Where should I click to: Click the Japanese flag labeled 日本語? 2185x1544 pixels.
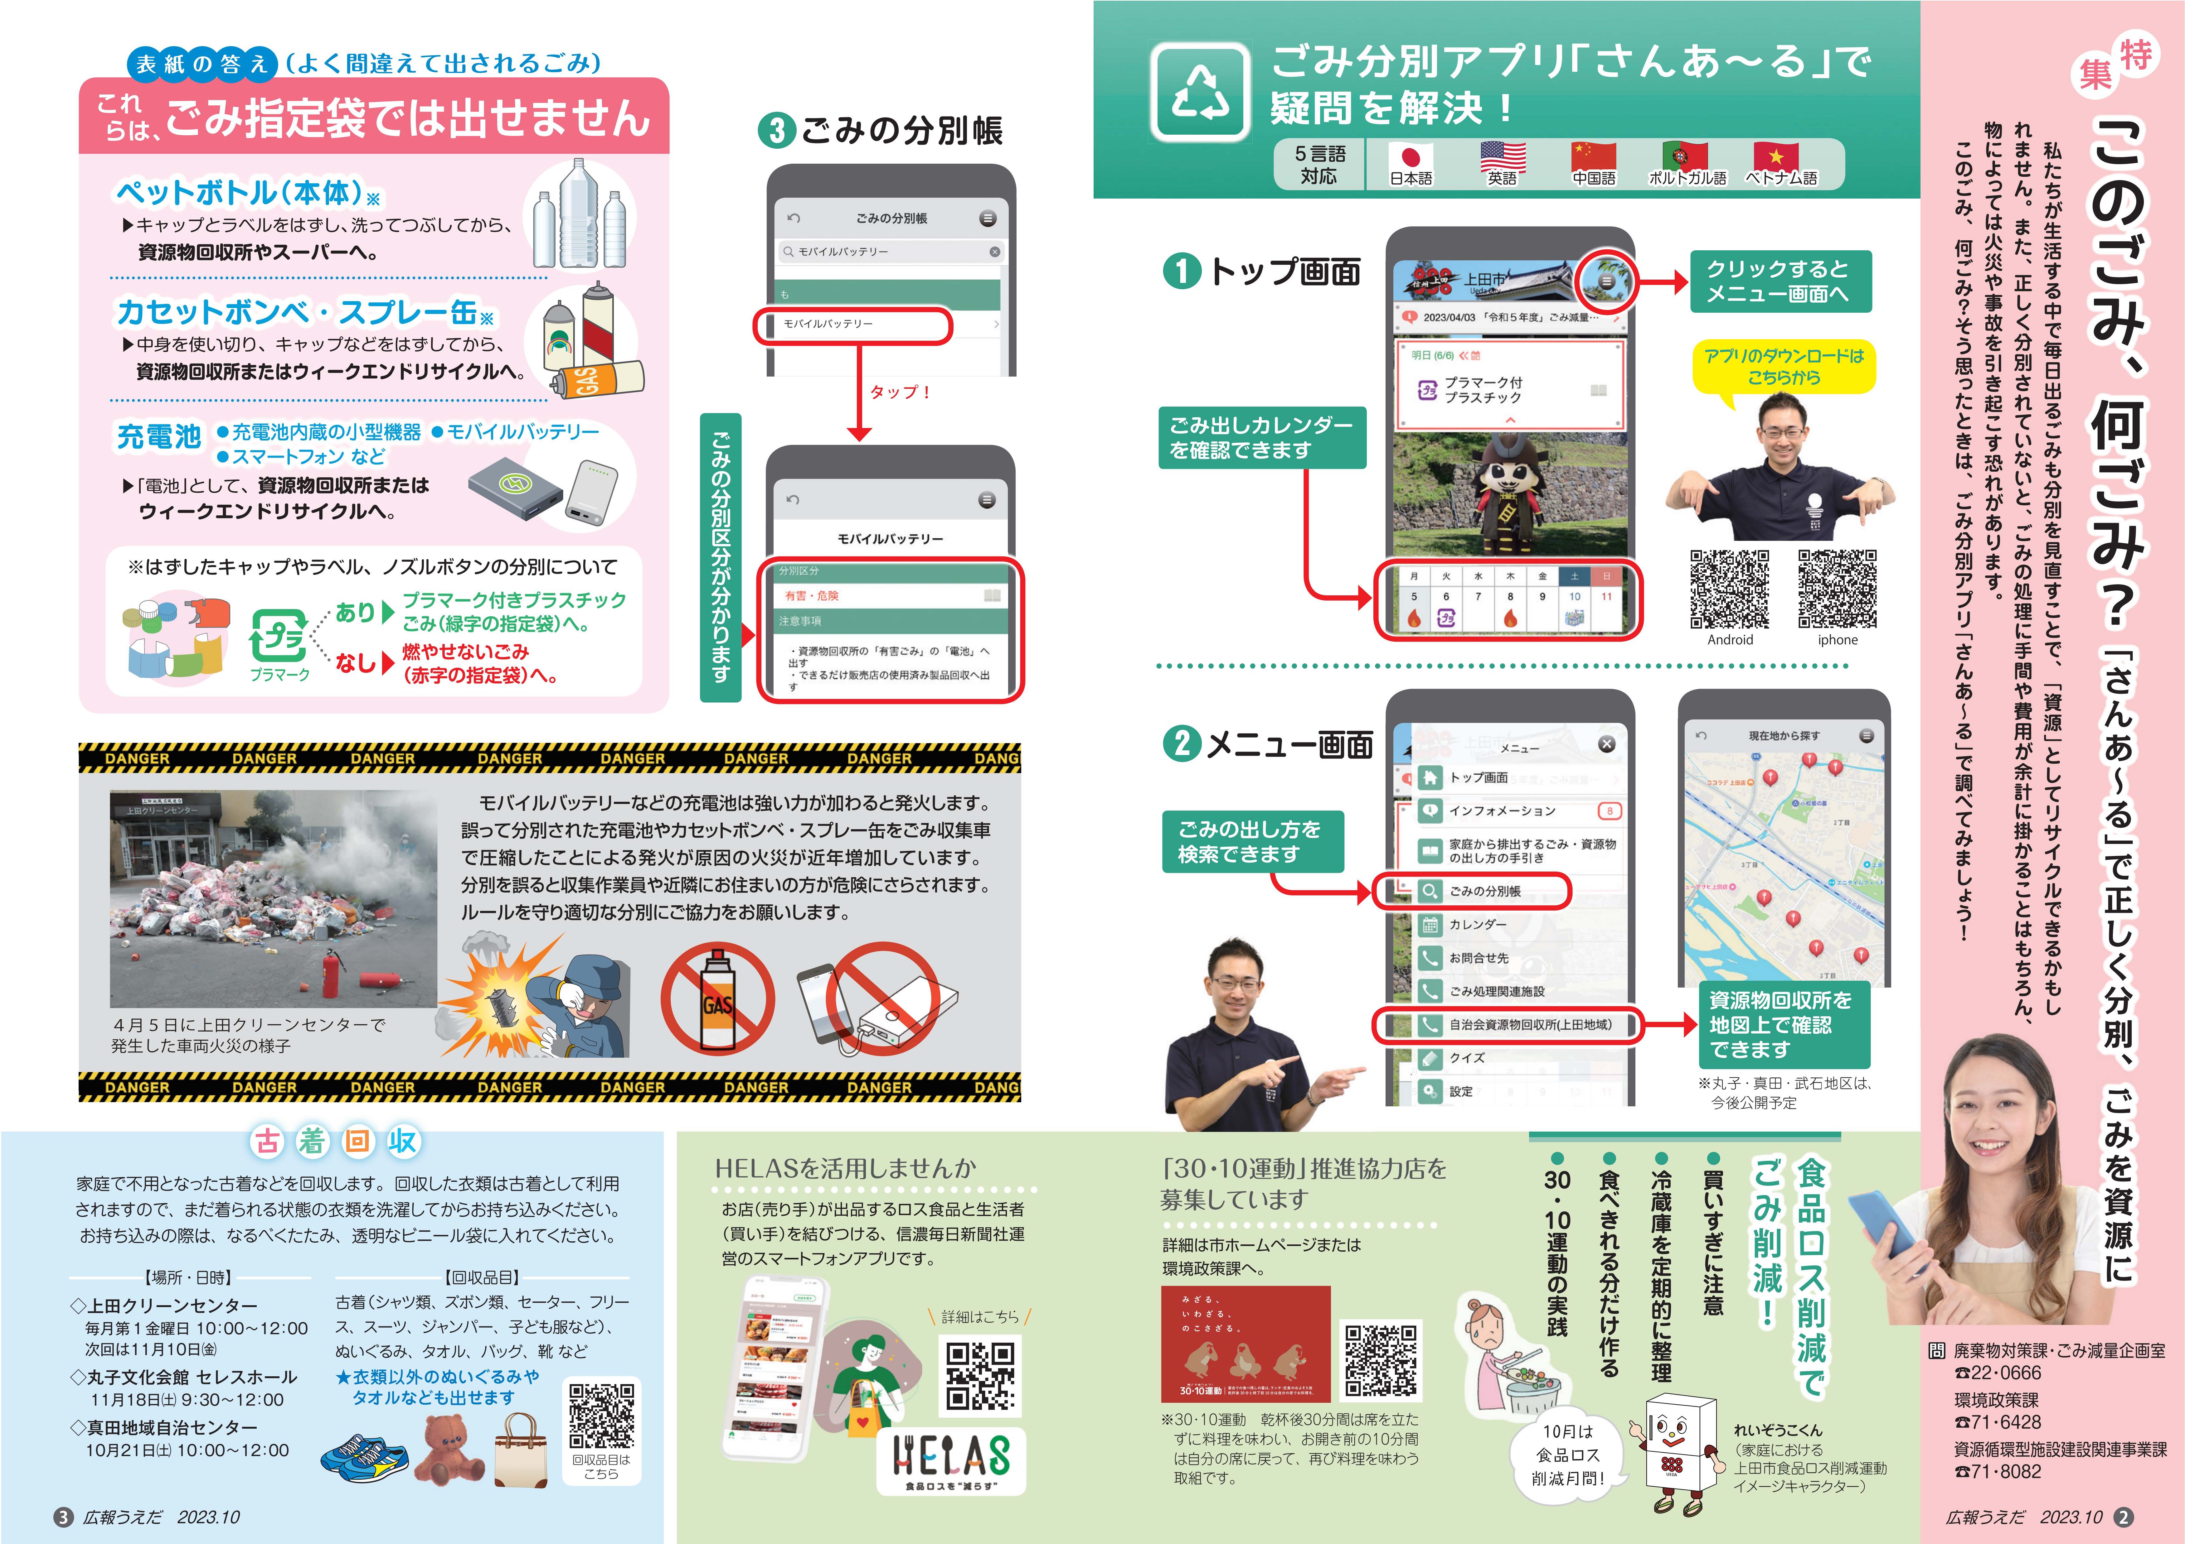(x=1411, y=157)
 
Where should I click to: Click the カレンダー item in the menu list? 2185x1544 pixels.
(x=1477, y=925)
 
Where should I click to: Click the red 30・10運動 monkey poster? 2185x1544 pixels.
(x=1245, y=1343)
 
